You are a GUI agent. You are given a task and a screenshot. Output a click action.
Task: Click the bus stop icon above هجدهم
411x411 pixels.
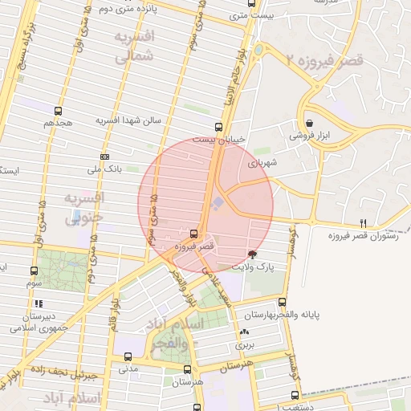[58, 111]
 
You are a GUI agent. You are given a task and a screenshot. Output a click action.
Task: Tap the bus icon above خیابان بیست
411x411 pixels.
[218, 127]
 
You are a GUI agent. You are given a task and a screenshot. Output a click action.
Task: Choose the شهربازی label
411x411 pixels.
[261, 162]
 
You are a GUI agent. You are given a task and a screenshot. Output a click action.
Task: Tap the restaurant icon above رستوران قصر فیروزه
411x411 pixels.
[364, 224]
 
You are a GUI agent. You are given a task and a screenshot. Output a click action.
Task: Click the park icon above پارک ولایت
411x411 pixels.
[254, 254]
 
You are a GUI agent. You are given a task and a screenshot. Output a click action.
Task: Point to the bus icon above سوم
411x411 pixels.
[34, 271]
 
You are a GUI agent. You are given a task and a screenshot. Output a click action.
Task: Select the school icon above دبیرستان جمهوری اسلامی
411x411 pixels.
[38, 303]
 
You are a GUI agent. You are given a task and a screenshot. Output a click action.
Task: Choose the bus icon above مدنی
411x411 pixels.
[128, 356]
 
